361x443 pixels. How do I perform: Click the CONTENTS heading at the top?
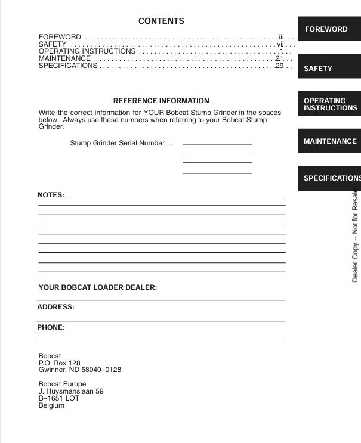pyautogui.click(x=161, y=21)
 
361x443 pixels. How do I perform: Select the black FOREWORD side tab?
pyautogui.click(x=326, y=29)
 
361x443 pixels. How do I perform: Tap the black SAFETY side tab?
pyautogui.click(x=318, y=69)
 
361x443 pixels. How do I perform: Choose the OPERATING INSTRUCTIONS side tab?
pyautogui.click(x=330, y=104)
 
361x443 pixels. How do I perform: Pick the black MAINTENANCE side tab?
pyautogui.click(x=330, y=141)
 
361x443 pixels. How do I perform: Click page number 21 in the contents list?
pyautogui.click(x=279, y=58)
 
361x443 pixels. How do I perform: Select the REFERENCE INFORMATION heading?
pyautogui.click(x=161, y=101)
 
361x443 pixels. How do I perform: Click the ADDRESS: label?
pyautogui.click(x=56, y=308)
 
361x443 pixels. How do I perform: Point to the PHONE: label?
pyautogui.click(x=51, y=327)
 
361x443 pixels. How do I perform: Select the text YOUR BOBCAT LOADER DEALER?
pyautogui.click(x=98, y=287)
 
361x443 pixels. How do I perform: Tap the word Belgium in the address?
pyautogui.click(x=51, y=406)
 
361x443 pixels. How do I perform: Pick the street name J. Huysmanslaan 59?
pyautogui.click(x=71, y=391)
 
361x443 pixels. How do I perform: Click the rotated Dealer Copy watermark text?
pyautogui.click(x=355, y=236)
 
